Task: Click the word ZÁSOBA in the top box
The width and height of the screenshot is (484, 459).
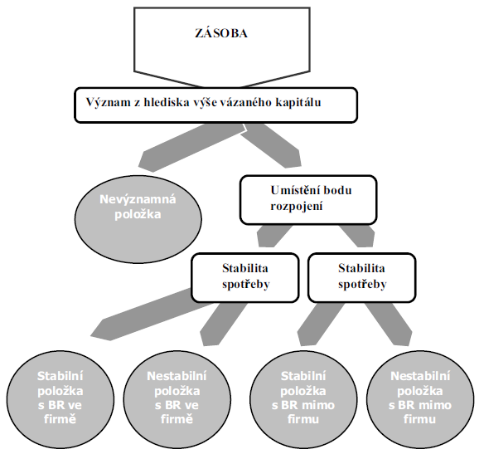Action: tap(221, 32)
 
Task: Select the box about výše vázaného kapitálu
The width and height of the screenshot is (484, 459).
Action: tap(215, 105)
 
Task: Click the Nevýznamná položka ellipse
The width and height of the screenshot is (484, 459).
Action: tap(138, 219)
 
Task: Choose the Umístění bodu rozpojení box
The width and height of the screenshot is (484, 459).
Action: tap(308, 200)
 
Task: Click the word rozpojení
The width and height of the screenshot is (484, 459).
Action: tap(297, 206)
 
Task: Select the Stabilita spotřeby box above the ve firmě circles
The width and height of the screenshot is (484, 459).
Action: tap(245, 277)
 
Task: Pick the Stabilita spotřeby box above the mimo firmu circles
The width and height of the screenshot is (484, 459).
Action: tap(362, 277)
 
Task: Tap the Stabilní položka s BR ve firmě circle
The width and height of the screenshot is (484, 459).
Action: tap(60, 399)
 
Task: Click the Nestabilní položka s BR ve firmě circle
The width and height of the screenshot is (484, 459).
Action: tap(177, 399)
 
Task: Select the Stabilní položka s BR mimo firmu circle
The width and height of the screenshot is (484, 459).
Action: tap(303, 399)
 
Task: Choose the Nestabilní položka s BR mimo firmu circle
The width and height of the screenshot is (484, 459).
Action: tap(420, 399)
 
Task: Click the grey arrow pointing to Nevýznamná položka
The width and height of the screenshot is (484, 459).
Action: tap(191, 148)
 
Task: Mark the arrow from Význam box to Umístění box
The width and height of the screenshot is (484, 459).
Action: tap(272, 146)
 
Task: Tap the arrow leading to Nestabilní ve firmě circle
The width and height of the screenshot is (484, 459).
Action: tap(223, 324)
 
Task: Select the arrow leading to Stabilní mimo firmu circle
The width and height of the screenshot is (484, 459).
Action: tap(319, 324)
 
